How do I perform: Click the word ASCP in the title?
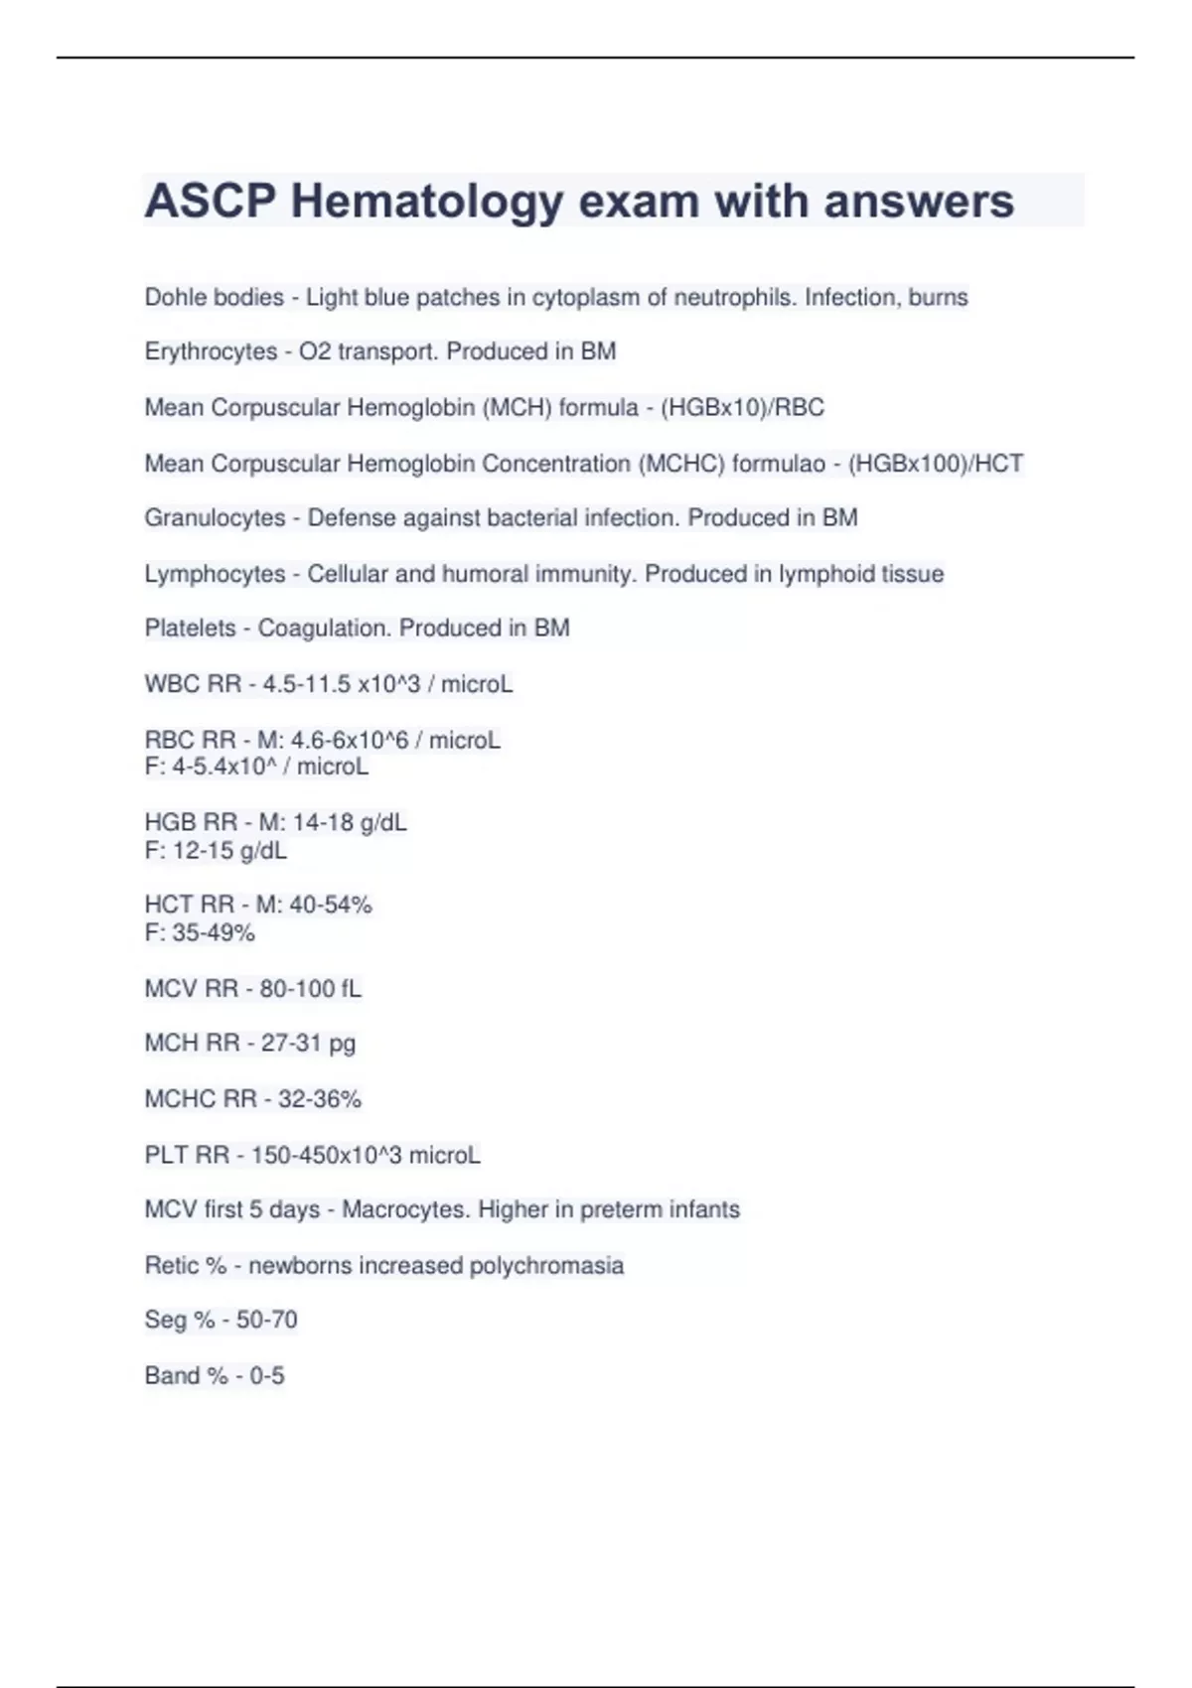pyautogui.click(x=210, y=202)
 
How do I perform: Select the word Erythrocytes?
pyautogui.click(x=211, y=352)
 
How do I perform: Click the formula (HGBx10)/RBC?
pyautogui.click(x=742, y=407)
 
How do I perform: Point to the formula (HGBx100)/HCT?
pyautogui.click(x=935, y=464)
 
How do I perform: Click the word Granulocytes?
pyautogui.click(x=215, y=518)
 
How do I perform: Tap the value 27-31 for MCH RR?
pyautogui.click(x=291, y=1044)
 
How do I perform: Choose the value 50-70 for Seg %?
pyautogui.click(x=266, y=1320)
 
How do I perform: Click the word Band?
pyautogui.click(x=171, y=1375)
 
